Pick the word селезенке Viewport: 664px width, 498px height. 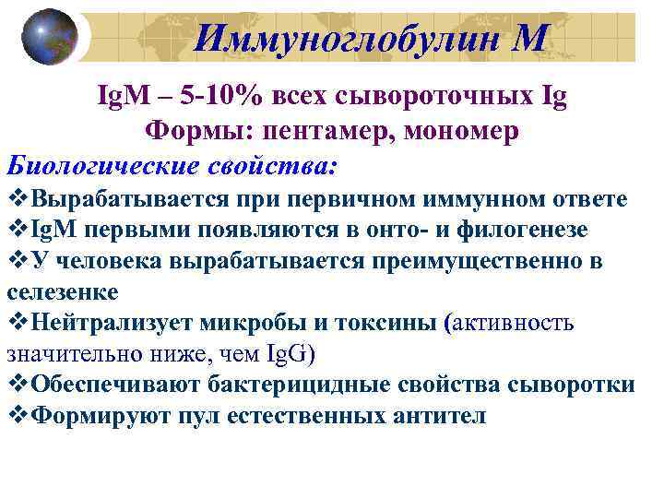pyautogui.click(x=62, y=291)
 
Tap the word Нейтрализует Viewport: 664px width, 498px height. pyautogui.click(x=119, y=323)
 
